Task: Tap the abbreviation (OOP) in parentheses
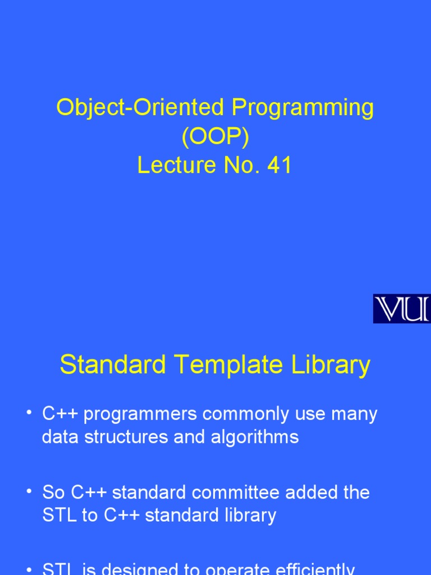pyautogui.click(x=215, y=136)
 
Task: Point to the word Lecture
pyautogui.click(x=176, y=166)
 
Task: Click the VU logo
pyautogui.click(x=402, y=308)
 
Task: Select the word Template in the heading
pyautogui.click(x=230, y=365)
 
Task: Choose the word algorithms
pyautogui.click(x=255, y=437)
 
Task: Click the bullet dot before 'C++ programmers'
pyautogui.click(x=29, y=414)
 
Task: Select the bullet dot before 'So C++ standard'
pyautogui.click(x=29, y=491)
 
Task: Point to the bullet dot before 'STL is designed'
pyautogui.click(x=29, y=569)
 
